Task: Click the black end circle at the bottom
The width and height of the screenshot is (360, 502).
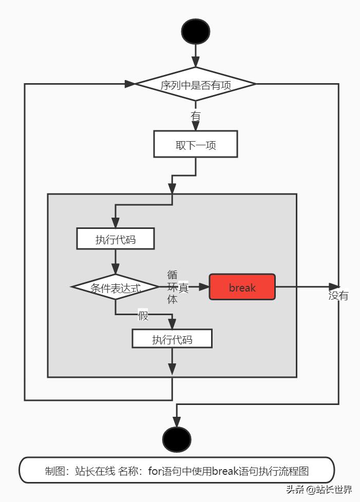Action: pyautogui.click(x=177, y=439)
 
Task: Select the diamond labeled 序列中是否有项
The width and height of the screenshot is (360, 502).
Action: pyautogui.click(x=195, y=84)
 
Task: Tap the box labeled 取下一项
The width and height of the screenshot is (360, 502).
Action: pyautogui.click(x=196, y=144)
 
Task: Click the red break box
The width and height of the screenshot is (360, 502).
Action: pyautogui.click(x=242, y=287)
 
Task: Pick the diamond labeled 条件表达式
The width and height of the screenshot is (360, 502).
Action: pyautogui.click(x=116, y=287)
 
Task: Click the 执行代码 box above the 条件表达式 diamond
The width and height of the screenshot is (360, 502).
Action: pyautogui.click(x=116, y=239)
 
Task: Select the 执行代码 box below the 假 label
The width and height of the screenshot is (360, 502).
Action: pyautogui.click(x=172, y=339)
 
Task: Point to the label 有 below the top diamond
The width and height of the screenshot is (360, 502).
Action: pyautogui.click(x=196, y=117)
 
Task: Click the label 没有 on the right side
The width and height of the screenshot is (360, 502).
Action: pyautogui.click(x=338, y=296)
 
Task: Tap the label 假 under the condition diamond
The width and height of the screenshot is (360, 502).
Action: pyautogui.click(x=143, y=316)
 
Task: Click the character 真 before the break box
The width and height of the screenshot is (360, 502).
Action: pyautogui.click(x=183, y=287)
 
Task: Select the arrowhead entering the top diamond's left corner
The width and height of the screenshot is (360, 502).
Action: pyautogui.click(x=129, y=84)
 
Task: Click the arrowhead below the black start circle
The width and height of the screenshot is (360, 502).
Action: pyautogui.click(x=196, y=61)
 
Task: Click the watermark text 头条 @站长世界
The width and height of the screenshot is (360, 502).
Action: pyautogui.click(x=319, y=489)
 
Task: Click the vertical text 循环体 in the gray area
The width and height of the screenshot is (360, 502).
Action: pyautogui.click(x=173, y=287)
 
